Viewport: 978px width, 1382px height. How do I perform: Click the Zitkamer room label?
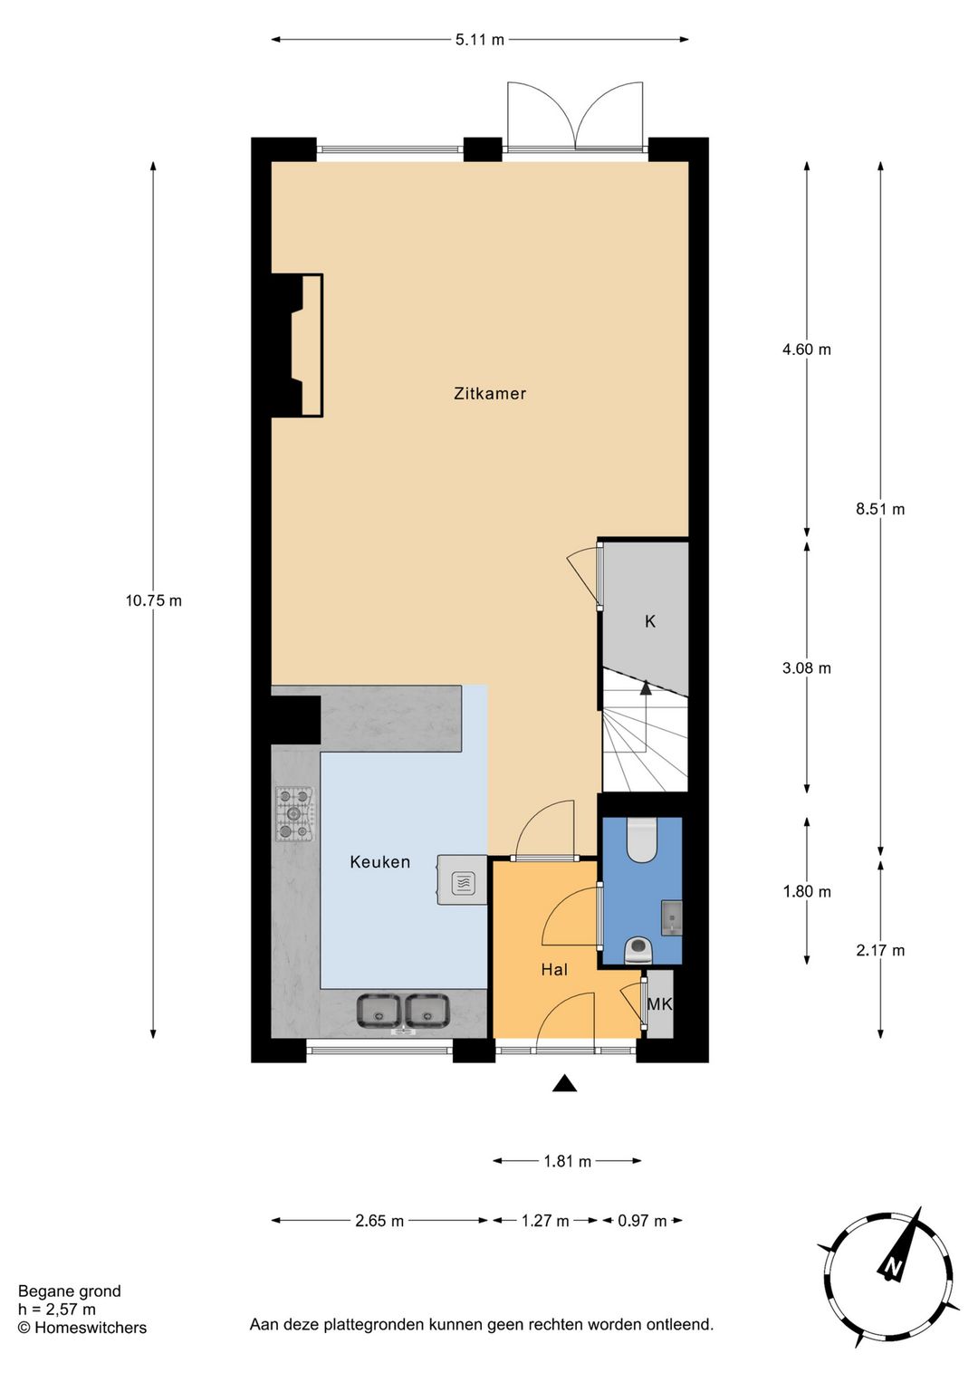(x=490, y=393)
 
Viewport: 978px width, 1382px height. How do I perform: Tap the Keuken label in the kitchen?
(x=379, y=862)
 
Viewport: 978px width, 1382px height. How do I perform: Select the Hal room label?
(x=554, y=970)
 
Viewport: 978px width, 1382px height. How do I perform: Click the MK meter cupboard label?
(x=659, y=1004)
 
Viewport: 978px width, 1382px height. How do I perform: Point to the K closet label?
(x=650, y=622)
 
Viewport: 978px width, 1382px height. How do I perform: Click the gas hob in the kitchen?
(x=294, y=814)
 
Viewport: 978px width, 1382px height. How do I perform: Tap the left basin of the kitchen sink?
(x=379, y=1011)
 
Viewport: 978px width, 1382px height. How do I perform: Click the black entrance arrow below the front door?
(x=565, y=1083)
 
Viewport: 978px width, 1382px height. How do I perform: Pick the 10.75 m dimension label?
(x=153, y=600)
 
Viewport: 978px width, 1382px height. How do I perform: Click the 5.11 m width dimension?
(x=480, y=40)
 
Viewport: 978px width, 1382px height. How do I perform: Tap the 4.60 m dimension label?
(x=806, y=350)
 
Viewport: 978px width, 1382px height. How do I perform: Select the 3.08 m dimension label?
(x=806, y=668)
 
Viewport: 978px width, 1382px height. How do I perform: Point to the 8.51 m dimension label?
(x=880, y=509)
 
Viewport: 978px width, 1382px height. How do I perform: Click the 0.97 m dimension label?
(x=642, y=1221)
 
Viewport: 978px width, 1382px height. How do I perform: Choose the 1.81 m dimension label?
(x=567, y=1161)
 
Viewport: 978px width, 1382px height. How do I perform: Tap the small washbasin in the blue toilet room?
(x=671, y=917)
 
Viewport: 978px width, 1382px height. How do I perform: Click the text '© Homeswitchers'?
(x=82, y=1328)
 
